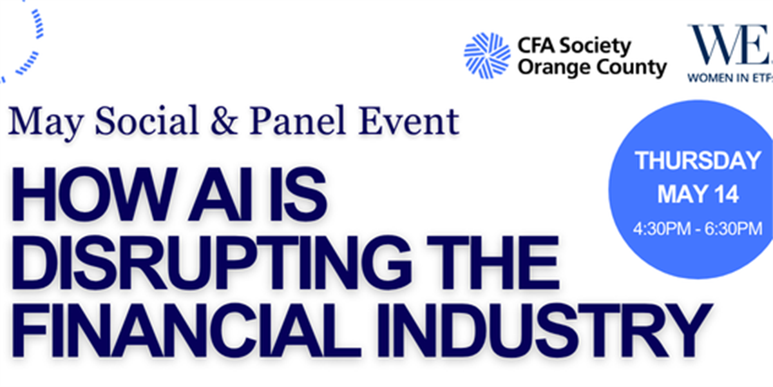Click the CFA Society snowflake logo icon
[487, 55]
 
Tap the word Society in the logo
[595, 46]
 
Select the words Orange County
[592, 68]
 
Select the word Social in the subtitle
[147, 120]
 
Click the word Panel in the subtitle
[297, 120]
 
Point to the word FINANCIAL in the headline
[187, 331]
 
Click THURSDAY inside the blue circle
[698, 161]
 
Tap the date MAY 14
[698, 194]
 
